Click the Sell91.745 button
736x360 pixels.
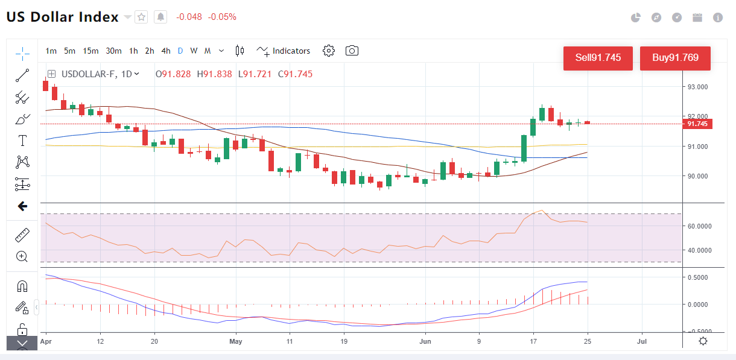pyautogui.click(x=598, y=58)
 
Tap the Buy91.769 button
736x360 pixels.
pyautogui.click(x=675, y=58)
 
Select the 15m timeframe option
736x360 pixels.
pyautogui.click(x=90, y=51)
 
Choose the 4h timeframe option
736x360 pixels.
pyautogui.click(x=165, y=51)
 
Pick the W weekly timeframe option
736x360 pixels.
pyautogui.click(x=194, y=51)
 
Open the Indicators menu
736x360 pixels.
pyautogui.click(x=284, y=51)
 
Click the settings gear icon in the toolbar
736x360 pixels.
pyautogui.click(x=329, y=51)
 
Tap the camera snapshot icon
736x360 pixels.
pyautogui.click(x=352, y=51)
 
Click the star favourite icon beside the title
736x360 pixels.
pyautogui.click(x=141, y=17)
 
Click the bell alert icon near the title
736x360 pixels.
pyautogui.click(x=160, y=17)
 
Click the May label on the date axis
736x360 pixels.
pyautogui.click(x=235, y=341)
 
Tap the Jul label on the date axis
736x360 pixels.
pyautogui.click(x=642, y=341)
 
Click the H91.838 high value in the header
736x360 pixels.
pyautogui.click(x=214, y=74)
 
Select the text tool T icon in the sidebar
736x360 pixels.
pyautogui.click(x=23, y=141)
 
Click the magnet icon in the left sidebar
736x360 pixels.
pyautogui.click(x=22, y=286)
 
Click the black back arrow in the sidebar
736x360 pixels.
pyautogui.click(x=22, y=206)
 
